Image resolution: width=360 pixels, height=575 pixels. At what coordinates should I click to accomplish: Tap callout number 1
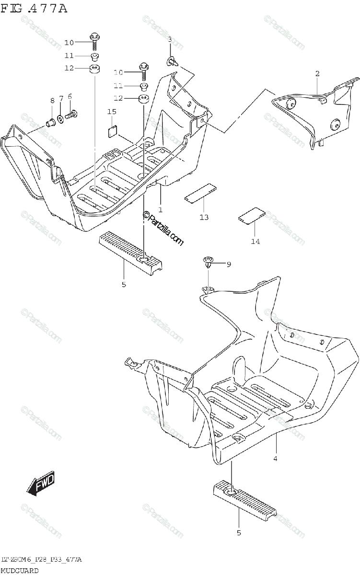(160, 209)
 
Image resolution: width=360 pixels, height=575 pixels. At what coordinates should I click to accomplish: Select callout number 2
(317, 73)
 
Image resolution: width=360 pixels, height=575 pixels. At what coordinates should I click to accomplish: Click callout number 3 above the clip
(170, 39)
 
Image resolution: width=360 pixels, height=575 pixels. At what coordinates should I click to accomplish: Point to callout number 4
(276, 458)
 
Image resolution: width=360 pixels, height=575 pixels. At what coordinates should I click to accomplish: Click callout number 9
(228, 264)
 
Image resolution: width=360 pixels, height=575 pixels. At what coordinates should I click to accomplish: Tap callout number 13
(204, 217)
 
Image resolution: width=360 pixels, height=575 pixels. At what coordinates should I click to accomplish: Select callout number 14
(255, 241)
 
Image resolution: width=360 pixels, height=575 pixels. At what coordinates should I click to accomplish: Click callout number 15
(112, 112)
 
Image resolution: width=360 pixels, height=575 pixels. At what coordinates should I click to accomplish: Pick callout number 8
(52, 100)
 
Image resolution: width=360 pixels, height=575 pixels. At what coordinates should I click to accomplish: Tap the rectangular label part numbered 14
(252, 215)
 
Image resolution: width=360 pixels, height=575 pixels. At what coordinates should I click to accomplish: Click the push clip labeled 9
(208, 262)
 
